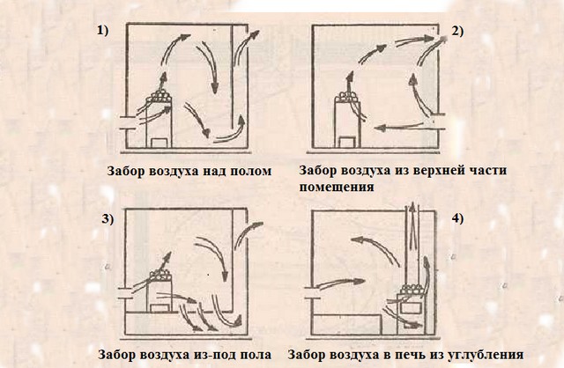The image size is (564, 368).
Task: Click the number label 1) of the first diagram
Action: tap(102, 31)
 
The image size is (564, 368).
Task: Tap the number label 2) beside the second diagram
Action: tap(457, 32)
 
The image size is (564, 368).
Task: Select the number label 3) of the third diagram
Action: tap(108, 219)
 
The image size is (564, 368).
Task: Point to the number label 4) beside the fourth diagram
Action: tap(457, 218)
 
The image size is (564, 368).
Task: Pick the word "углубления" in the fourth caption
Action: tap(486, 355)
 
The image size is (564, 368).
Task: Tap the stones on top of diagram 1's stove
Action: tap(160, 96)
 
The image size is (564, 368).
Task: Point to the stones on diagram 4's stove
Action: tap(412, 290)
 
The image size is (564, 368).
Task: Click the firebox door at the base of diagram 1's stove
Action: tap(160, 143)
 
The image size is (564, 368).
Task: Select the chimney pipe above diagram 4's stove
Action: tap(412, 245)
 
